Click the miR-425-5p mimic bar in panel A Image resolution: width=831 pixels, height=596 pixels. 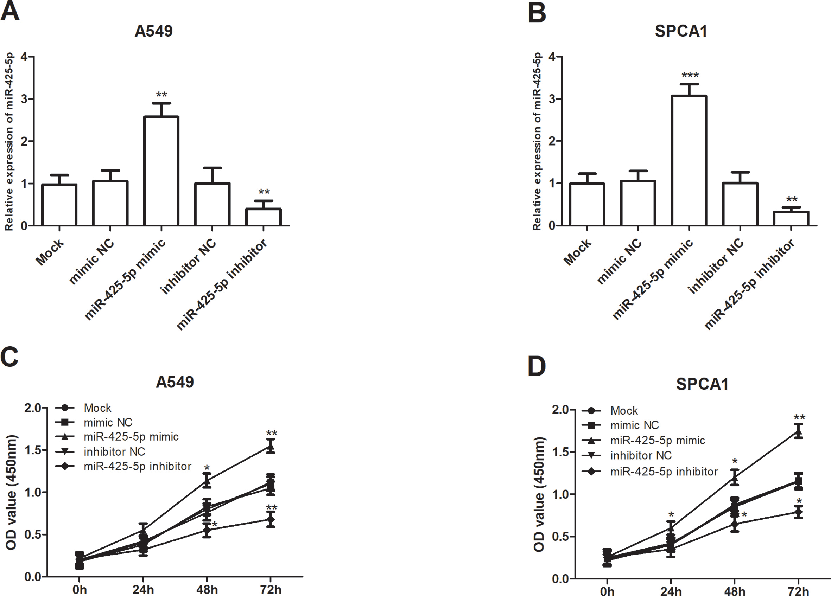[x=161, y=171]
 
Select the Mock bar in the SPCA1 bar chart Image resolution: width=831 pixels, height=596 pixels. [x=587, y=204]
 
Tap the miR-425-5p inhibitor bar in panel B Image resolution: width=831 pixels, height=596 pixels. [x=791, y=219]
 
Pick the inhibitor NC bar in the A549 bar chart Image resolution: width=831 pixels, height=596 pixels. [x=212, y=204]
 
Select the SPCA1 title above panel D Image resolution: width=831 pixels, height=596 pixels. [x=702, y=384]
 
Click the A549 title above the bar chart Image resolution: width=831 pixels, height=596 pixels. [x=153, y=31]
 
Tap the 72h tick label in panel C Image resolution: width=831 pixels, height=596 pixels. [x=271, y=590]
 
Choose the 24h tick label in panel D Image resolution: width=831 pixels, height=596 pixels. [x=671, y=591]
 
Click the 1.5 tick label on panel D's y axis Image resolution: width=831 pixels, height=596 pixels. [x=560, y=452]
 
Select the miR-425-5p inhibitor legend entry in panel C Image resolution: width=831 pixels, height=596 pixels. [x=123, y=466]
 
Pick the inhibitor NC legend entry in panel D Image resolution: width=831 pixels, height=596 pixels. [x=627, y=455]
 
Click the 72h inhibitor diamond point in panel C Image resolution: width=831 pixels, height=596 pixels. [x=271, y=519]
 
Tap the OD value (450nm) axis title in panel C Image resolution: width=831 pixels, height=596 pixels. [x=11, y=492]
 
